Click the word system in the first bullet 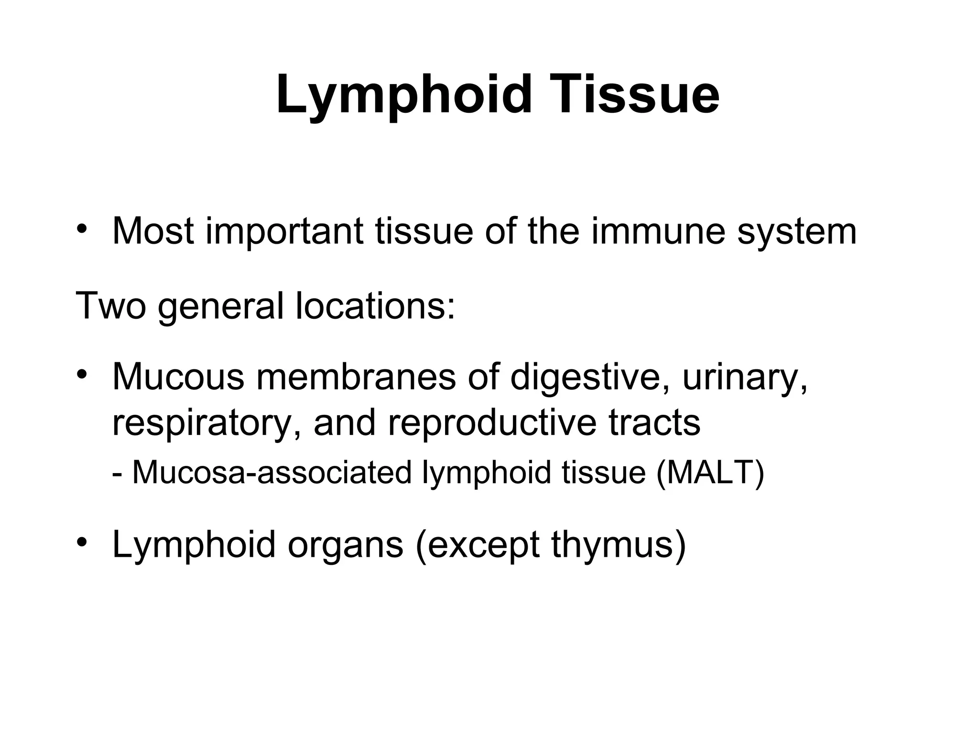click(x=797, y=232)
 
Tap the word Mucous click(x=178, y=377)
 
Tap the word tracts click(x=655, y=422)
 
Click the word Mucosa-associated click(x=272, y=473)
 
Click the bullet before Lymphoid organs click(x=82, y=541)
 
